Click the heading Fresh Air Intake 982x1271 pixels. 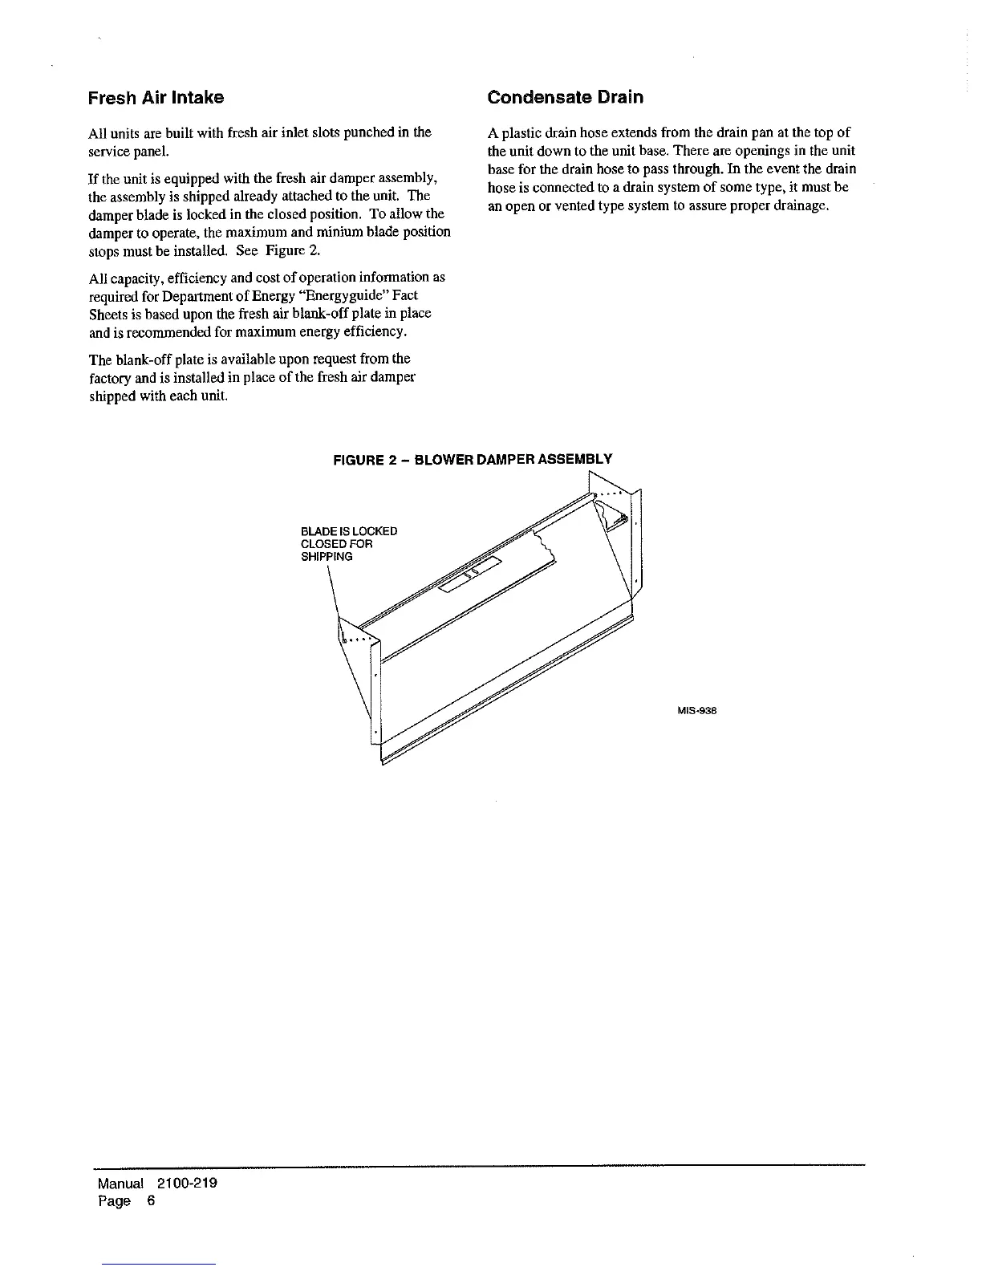(x=156, y=98)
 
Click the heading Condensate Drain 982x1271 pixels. (x=566, y=98)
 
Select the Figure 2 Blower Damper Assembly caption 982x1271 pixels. (x=473, y=460)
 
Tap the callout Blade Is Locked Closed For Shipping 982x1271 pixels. (x=348, y=544)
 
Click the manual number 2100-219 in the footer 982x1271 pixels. (x=187, y=1184)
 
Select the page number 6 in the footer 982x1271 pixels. (x=150, y=1201)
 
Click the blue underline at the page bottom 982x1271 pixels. (x=158, y=1264)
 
